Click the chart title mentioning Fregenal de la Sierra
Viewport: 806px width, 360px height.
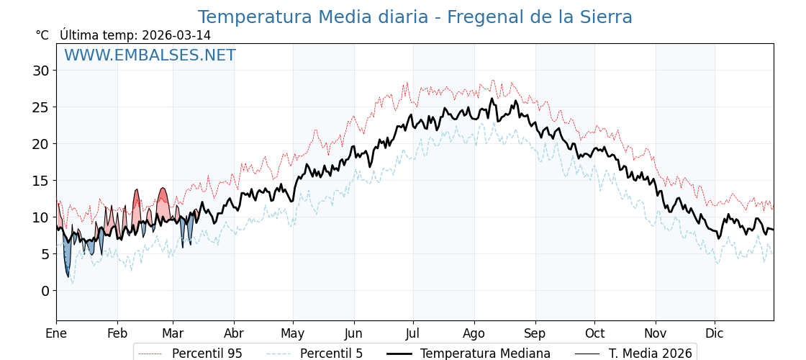tap(415, 17)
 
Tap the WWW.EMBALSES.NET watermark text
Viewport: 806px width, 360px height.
tap(150, 55)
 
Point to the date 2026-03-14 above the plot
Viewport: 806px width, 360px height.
tap(176, 35)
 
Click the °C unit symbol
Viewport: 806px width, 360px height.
tap(42, 35)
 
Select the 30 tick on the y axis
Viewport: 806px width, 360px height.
tap(40, 71)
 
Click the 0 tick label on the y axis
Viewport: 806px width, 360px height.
tap(45, 291)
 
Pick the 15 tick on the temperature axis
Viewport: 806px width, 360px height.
tap(40, 181)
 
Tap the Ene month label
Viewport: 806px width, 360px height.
tap(56, 333)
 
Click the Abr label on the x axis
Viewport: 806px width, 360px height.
tap(234, 333)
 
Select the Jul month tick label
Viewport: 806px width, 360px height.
tap(413, 333)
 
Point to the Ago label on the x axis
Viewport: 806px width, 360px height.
tap(474, 333)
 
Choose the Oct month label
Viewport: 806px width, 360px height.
tap(594, 333)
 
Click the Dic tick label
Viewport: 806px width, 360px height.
tap(715, 333)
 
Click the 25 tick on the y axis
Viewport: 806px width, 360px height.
tap(40, 107)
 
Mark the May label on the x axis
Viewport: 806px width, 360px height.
tap(293, 333)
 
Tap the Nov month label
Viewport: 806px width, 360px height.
tap(656, 333)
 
